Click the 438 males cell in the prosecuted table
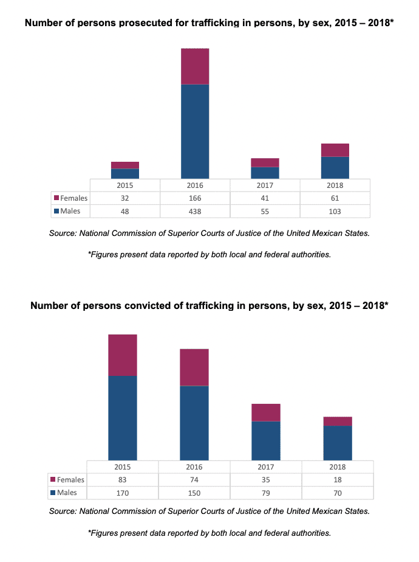(x=195, y=211)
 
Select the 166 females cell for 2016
(x=195, y=198)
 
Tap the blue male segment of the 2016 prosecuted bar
(x=195, y=131)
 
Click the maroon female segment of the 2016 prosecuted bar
(x=195, y=66)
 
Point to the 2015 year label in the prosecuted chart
(x=125, y=186)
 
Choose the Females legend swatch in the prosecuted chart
(x=57, y=198)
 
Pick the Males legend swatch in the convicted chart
(x=53, y=493)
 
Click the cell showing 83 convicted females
(x=122, y=480)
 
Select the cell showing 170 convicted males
(x=122, y=493)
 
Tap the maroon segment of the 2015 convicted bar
(x=122, y=355)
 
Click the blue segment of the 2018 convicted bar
(x=338, y=443)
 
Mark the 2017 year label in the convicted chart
(x=265, y=467)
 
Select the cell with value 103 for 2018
(x=335, y=211)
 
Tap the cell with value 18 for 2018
(x=338, y=480)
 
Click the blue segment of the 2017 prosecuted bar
(x=265, y=173)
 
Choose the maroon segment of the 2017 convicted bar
(x=265, y=412)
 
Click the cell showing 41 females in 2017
(x=265, y=198)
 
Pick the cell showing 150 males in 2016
(x=194, y=493)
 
